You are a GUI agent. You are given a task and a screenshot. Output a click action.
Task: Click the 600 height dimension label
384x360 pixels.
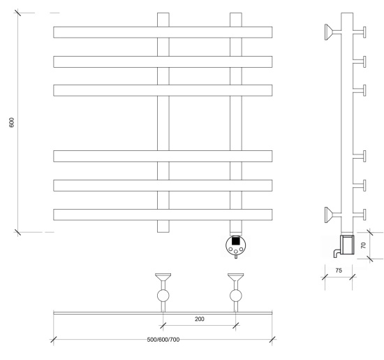(11, 122)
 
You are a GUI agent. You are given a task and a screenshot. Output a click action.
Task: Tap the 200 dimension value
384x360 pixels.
(200, 319)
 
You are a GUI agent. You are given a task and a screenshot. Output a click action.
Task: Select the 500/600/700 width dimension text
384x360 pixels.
(163, 340)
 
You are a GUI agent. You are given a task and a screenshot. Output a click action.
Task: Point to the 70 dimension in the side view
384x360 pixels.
(363, 245)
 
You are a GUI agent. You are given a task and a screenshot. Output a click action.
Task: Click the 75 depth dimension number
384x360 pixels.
(339, 271)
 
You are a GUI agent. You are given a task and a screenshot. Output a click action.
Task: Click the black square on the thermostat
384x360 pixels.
(235, 241)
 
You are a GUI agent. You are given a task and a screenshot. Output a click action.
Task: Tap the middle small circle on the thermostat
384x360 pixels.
(236, 252)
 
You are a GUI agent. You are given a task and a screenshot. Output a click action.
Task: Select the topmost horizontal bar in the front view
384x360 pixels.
(163, 32)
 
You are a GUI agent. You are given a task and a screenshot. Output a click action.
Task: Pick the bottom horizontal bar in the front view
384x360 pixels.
(163, 215)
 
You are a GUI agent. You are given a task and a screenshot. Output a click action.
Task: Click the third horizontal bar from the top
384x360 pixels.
(163, 90)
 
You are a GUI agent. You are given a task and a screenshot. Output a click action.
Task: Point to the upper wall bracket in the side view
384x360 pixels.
(332, 32)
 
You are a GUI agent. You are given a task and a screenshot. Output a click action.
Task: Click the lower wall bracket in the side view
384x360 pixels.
(332, 215)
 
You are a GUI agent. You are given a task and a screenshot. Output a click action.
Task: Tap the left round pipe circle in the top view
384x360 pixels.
(163, 296)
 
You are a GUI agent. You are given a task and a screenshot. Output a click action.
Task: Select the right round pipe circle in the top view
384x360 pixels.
(236, 296)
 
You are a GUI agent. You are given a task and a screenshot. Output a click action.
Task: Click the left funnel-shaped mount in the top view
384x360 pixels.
(163, 277)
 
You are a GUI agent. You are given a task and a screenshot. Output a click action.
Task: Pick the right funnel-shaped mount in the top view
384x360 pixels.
(235, 277)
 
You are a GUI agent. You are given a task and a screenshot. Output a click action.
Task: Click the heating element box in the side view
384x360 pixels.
(347, 244)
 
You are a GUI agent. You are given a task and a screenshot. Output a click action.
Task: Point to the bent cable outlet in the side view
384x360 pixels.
(337, 253)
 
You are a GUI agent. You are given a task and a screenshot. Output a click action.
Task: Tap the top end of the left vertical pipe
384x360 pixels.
(163, 13)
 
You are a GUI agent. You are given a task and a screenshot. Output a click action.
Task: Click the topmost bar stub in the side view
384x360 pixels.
(360, 32)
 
